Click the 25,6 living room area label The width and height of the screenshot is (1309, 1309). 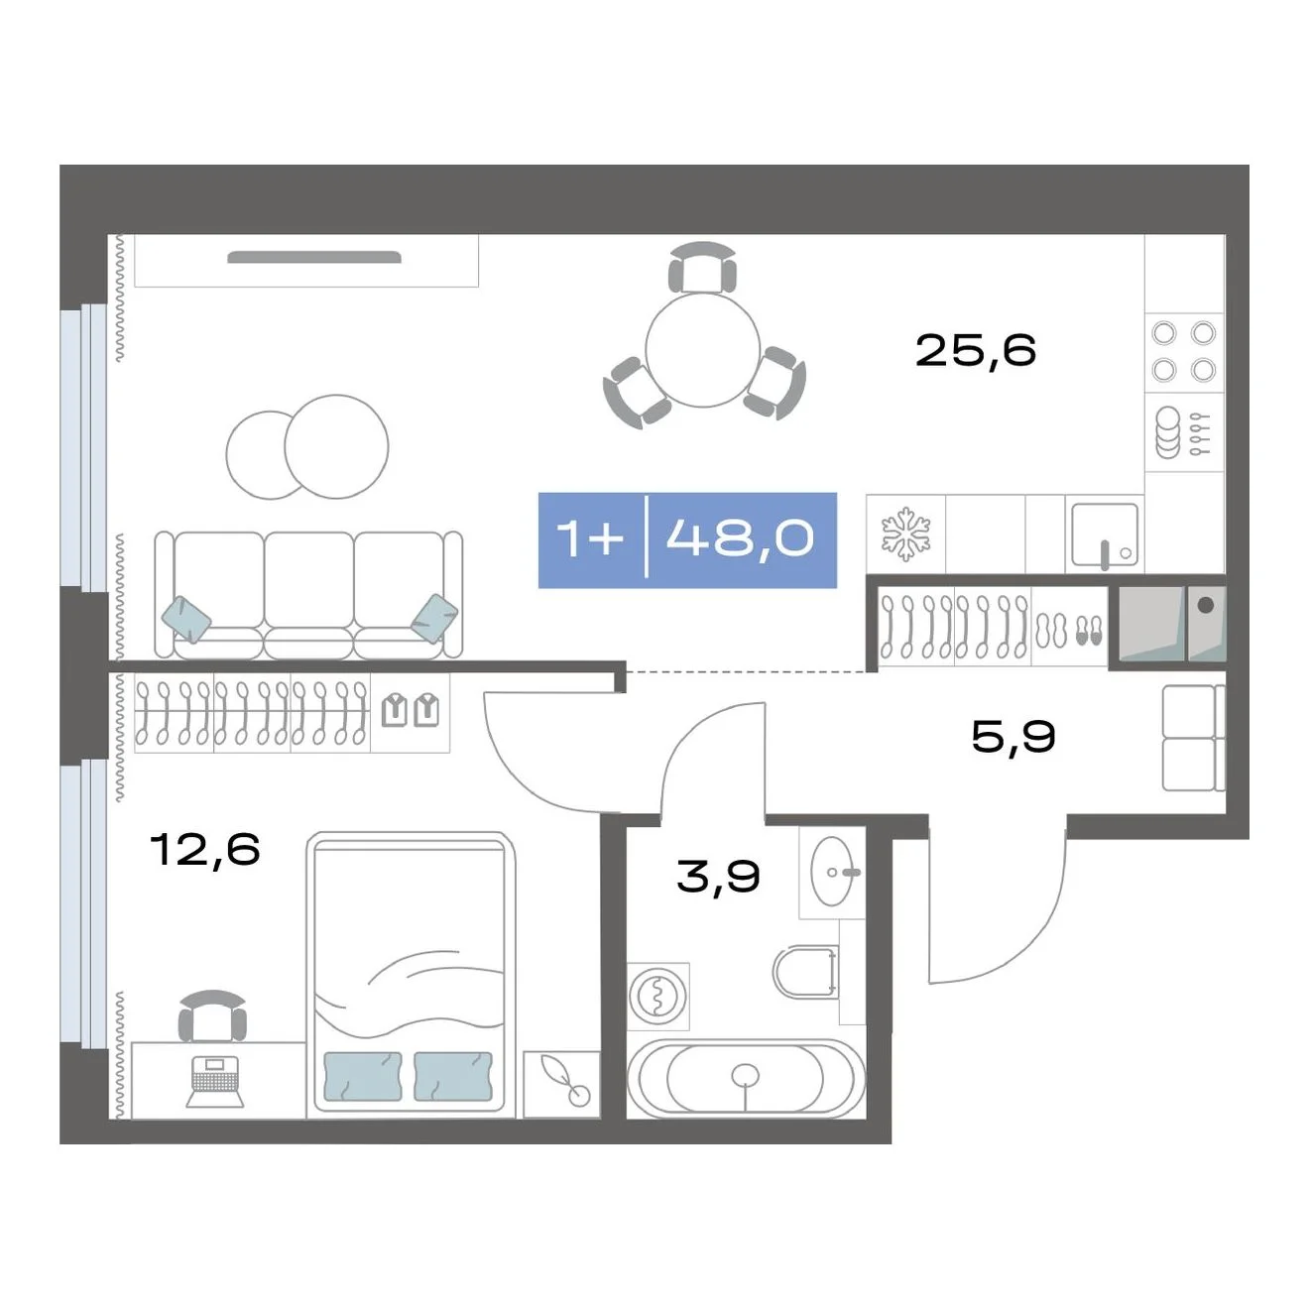976,351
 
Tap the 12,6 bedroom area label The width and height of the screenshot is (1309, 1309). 204,849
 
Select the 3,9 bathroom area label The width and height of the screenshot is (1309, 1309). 718,876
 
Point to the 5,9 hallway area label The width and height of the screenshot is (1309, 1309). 1012,737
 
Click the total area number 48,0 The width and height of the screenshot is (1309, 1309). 740,539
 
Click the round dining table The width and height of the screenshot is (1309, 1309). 702,350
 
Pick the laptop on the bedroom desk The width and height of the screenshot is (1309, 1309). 214,1082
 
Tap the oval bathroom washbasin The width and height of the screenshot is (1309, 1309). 833,872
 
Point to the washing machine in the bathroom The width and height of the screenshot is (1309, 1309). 657,996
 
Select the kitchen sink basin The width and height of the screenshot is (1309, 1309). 1105,535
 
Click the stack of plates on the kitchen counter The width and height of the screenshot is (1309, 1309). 1168,432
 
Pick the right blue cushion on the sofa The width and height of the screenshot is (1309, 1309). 434,618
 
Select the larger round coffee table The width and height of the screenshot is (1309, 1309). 336,447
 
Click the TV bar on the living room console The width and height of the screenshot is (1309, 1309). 313,257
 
